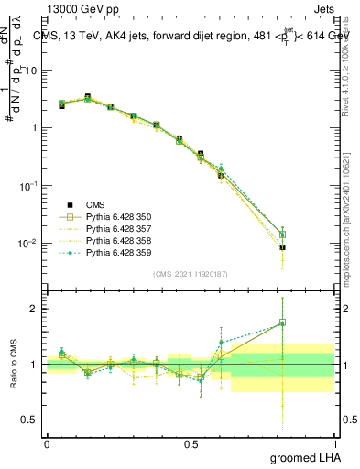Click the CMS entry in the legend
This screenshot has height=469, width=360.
(95, 204)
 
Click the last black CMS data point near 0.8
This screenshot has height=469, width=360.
(283, 247)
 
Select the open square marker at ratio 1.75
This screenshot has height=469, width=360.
(283, 322)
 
